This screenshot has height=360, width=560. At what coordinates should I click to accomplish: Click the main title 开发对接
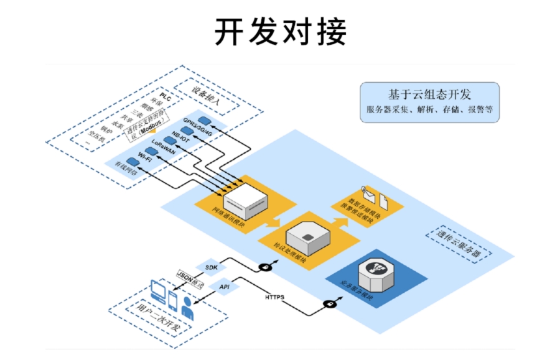click(x=280, y=31)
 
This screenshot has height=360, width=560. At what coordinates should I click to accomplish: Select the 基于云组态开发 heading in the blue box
click(x=429, y=95)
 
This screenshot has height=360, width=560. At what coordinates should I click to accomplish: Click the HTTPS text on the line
click(x=275, y=297)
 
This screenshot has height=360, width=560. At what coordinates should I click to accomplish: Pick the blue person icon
click(x=187, y=308)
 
